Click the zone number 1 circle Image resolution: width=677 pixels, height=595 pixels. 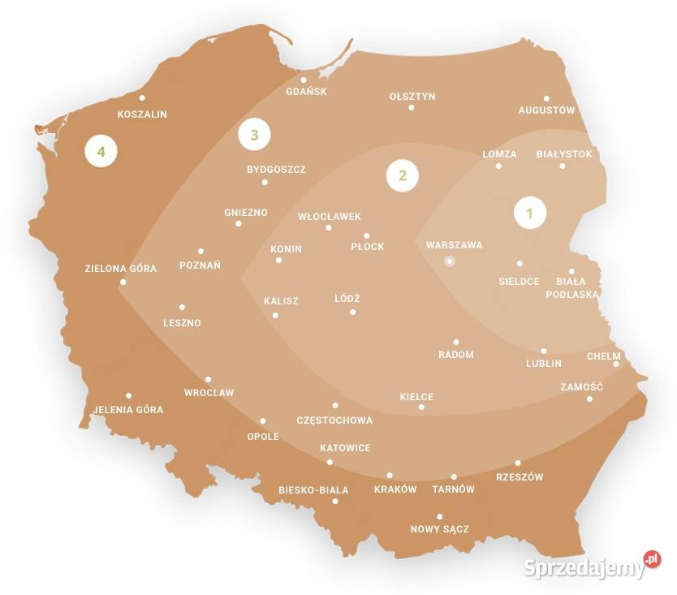(x=530, y=213)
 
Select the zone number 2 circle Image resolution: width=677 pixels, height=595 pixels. (x=402, y=175)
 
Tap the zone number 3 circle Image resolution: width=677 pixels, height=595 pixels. (x=254, y=135)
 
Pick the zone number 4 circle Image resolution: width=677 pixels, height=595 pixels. (x=101, y=151)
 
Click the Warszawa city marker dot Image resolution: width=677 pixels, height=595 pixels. (x=449, y=261)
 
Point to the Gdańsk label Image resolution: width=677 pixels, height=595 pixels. (x=306, y=92)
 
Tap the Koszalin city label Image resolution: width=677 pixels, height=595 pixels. (x=142, y=114)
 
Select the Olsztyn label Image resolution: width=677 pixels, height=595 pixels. (x=412, y=97)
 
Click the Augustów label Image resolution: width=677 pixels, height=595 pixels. (x=546, y=110)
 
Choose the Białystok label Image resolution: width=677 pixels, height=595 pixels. (x=564, y=153)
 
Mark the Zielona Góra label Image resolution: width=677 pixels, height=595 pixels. (x=120, y=268)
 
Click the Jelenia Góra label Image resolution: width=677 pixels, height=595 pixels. (x=128, y=410)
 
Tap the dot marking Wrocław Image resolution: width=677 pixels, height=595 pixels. (x=208, y=379)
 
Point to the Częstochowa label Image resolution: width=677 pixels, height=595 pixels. (x=334, y=420)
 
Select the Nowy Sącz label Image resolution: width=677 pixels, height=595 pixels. (x=439, y=529)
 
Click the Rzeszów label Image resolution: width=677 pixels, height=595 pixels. (x=519, y=477)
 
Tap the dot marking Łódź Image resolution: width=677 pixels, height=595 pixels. (x=352, y=312)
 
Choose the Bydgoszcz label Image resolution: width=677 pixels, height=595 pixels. (x=276, y=170)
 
